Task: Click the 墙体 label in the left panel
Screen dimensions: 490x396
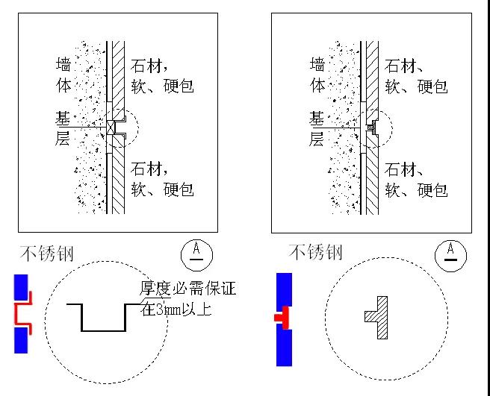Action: pyautogui.click(x=64, y=74)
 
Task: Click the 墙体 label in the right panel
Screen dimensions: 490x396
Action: pyautogui.click(x=317, y=74)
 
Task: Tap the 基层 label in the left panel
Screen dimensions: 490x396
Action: pyautogui.click(x=64, y=128)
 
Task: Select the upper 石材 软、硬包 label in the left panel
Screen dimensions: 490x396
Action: pyautogui.click(x=162, y=76)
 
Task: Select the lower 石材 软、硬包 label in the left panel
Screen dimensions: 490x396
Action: pyautogui.click(x=162, y=178)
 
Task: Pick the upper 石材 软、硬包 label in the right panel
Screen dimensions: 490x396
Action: pyautogui.click(x=416, y=76)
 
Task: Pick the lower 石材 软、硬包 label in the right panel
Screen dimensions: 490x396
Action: pyautogui.click(x=416, y=178)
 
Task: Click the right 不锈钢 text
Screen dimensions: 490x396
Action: pyautogui.click(x=315, y=253)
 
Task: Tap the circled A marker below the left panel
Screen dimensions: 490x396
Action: pyautogui.click(x=196, y=254)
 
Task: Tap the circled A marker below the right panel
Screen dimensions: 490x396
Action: pyautogui.click(x=450, y=254)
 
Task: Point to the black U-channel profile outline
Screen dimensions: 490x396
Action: pyautogui.click(x=103, y=318)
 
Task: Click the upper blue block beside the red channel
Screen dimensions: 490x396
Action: pyautogui.click(x=21, y=287)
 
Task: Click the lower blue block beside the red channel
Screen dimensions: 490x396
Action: pyautogui.click(x=21, y=340)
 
